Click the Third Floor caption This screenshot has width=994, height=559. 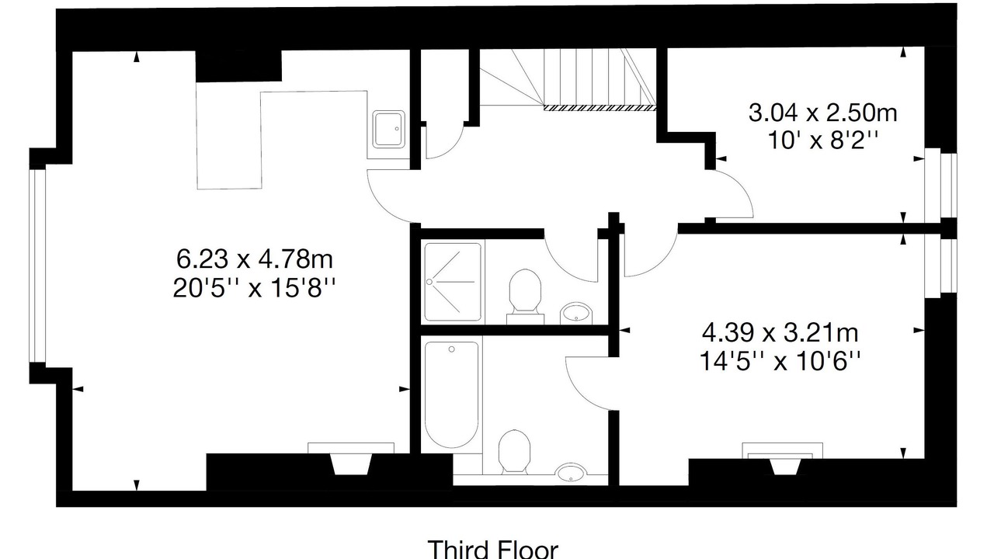[x=492, y=549]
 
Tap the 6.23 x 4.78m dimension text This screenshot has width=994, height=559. [x=254, y=259]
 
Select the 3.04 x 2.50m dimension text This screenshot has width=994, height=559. [x=822, y=113]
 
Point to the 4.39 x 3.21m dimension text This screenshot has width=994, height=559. [x=780, y=333]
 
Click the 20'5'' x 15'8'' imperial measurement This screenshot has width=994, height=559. [x=254, y=288]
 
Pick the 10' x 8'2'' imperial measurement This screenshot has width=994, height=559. [x=822, y=141]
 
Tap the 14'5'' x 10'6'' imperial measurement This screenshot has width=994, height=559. [x=780, y=362]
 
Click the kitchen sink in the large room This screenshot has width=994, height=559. [x=389, y=129]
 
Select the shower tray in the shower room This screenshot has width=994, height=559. [x=453, y=282]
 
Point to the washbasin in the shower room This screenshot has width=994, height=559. [x=575, y=313]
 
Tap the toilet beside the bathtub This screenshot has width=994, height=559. [x=514, y=452]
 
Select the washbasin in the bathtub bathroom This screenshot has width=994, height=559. [x=570, y=473]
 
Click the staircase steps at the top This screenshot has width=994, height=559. [x=568, y=78]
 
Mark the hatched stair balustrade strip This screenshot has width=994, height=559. [x=600, y=108]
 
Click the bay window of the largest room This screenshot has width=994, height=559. [x=37, y=266]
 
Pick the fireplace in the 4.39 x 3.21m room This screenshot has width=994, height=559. [x=782, y=458]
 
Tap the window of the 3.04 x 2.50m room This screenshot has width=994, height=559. [x=940, y=186]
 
